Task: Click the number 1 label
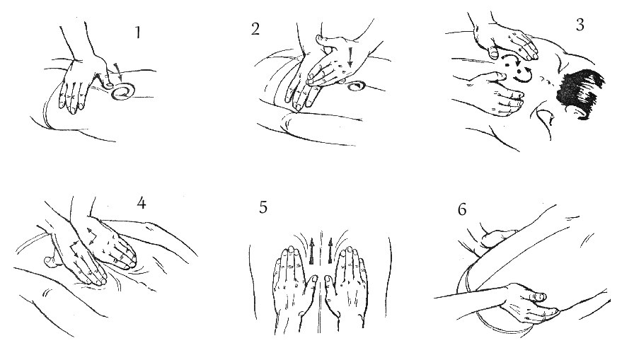[x=138, y=33]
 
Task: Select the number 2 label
[x=255, y=29]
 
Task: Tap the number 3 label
[x=580, y=25]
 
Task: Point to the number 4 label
[x=141, y=202]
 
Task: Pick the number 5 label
[x=263, y=207]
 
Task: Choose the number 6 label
[x=462, y=209]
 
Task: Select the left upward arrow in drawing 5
[x=312, y=251]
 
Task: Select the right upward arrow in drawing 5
[x=330, y=251]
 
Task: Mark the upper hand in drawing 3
[x=505, y=41]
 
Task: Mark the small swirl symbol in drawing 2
[x=356, y=86]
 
